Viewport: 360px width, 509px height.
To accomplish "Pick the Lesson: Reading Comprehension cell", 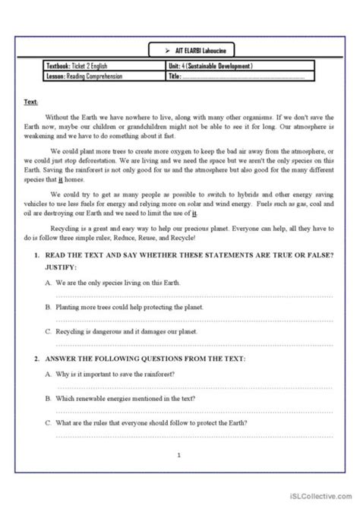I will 84,76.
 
